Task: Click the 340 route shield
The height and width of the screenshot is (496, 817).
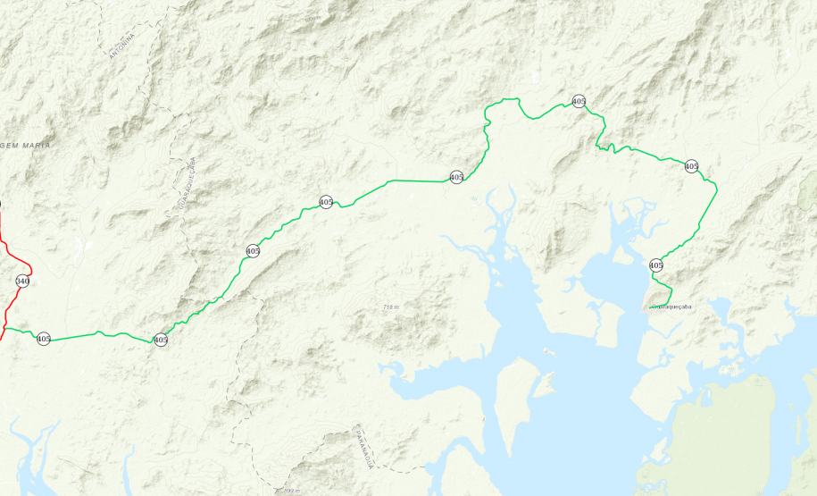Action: pyautogui.click(x=22, y=281)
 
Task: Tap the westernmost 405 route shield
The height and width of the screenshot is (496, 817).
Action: pyautogui.click(x=44, y=339)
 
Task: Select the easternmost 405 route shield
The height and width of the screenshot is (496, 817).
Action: pyautogui.click(x=691, y=166)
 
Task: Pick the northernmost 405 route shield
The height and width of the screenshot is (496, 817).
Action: pyautogui.click(x=579, y=101)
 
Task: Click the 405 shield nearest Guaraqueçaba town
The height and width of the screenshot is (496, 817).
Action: pyautogui.click(x=656, y=265)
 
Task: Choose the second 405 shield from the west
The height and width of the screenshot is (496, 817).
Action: pyautogui.click(x=161, y=340)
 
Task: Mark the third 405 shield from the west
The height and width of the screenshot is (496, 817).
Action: pyautogui.click(x=253, y=251)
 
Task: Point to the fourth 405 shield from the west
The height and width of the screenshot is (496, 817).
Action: pyautogui.click(x=326, y=202)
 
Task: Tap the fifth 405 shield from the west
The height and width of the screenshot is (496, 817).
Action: pyautogui.click(x=456, y=177)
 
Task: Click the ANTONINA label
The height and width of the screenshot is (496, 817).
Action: pyautogui.click(x=121, y=46)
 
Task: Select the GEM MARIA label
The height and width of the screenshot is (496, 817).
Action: pyautogui.click(x=26, y=145)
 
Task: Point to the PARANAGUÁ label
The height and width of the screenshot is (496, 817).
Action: pyautogui.click(x=364, y=447)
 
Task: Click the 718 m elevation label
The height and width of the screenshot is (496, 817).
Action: pyautogui.click(x=390, y=307)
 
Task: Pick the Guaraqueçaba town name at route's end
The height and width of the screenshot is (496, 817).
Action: pyautogui.click(x=671, y=307)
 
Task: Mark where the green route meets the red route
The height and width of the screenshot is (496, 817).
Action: pyautogui.click(x=6, y=328)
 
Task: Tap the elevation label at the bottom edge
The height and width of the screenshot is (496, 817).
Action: pyautogui.click(x=291, y=491)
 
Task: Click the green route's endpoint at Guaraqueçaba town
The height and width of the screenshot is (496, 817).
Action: pyautogui.click(x=655, y=306)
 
